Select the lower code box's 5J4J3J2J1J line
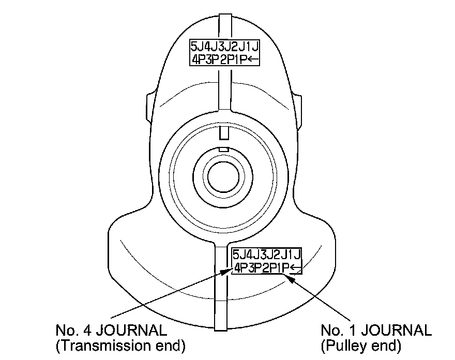click(x=267, y=255)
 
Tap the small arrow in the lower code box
click(x=296, y=267)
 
